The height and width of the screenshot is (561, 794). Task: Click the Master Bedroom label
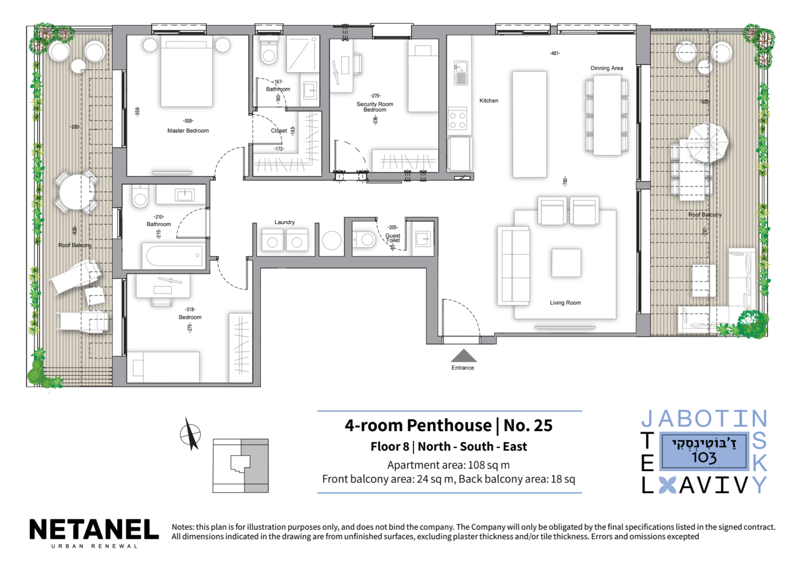(x=188, y=131)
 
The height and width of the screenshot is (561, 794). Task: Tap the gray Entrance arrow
(x=463, y=355)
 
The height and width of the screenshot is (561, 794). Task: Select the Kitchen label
(x=489, y=101)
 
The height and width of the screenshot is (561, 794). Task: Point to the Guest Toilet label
(x=393, y=238)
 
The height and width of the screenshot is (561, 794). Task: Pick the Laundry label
(x=285, y=222)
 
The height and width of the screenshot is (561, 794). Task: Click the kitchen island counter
(x=529, y=124)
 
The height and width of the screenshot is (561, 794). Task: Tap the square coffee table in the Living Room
(x=566, y=263)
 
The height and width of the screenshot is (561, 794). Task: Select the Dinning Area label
(x=607, y=68)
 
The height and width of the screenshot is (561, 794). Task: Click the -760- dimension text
(x=565, y=181)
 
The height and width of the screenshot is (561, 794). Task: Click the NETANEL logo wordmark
(x=94, y=530)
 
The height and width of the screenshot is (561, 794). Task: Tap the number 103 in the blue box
(x=704, y=457)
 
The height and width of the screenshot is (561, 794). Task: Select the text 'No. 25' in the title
(x=528, y=425)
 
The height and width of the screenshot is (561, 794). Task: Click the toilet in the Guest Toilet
(x=364, y=240)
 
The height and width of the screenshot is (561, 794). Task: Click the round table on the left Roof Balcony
(x=77, y=192)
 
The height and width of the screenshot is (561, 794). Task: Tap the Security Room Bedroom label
(x=375, y=107)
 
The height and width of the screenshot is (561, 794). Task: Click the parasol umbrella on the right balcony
(x=708, y=143)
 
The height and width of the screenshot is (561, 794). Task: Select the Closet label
(x=279, y=131)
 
